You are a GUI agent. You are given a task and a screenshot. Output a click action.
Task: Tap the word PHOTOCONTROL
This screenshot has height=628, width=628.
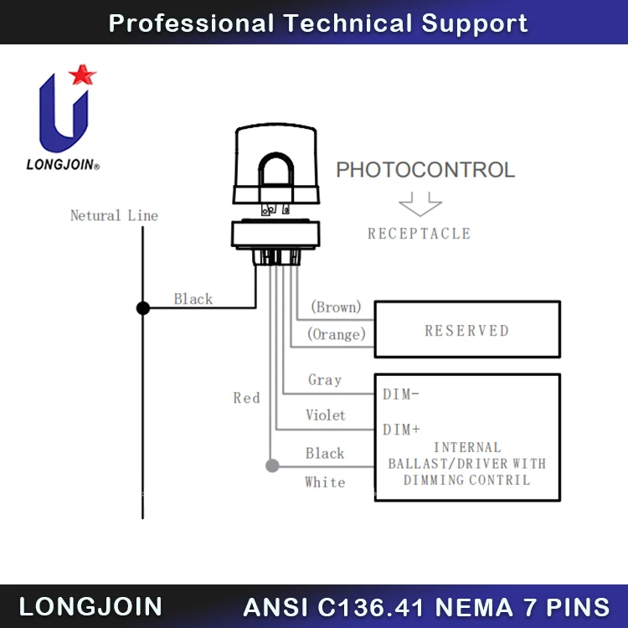(425, 170)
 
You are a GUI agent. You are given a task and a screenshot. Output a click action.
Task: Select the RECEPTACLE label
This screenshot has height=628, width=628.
(419, 234)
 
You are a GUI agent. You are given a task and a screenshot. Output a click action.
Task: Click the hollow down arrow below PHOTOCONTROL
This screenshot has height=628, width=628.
(420, 203)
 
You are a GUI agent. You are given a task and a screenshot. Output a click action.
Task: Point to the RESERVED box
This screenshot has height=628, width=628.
(466, 330)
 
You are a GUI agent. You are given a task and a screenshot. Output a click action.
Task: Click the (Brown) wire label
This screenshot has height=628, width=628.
(336, 307)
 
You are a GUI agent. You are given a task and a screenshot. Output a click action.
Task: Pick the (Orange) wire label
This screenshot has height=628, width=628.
(337, 334)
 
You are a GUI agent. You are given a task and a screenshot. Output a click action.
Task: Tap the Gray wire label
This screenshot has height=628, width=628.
(325, 379)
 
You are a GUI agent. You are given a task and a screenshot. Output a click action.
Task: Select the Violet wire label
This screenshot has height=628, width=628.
(325, 415)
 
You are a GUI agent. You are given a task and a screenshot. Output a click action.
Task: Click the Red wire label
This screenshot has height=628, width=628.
(246, 398)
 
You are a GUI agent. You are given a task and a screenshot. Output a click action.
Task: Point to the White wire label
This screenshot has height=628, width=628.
(325, 482)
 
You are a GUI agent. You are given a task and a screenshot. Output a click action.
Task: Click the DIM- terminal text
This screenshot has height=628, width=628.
(401, 394)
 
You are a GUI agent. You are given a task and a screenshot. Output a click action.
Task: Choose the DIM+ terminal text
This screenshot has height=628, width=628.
(401, 430)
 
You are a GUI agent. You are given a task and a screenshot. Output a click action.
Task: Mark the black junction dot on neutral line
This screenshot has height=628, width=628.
(143, 308)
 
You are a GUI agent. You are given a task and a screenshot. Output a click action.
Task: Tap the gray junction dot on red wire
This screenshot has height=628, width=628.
(271, 465)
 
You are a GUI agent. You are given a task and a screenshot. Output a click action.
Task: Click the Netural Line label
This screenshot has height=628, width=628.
(114, 215)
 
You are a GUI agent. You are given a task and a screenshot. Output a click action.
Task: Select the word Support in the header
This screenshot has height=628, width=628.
(475, 23)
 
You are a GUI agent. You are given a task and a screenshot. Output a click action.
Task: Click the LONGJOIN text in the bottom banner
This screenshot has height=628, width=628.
(90, 607)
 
